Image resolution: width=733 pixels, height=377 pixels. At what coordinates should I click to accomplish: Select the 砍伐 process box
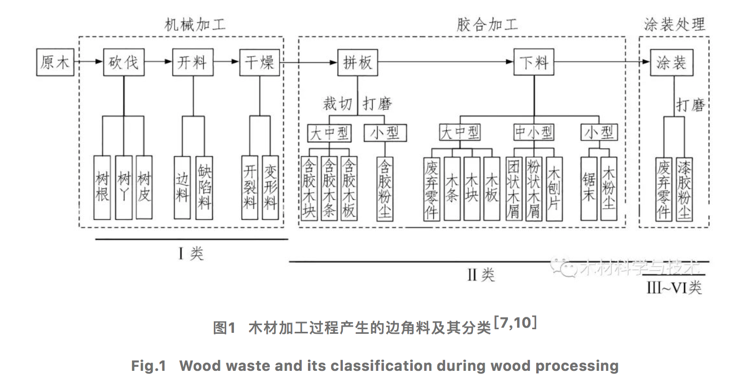[x=123, y=63]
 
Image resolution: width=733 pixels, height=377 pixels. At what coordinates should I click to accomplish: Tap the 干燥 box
[x=260, y=63]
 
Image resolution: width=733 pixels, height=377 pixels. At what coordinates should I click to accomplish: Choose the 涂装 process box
[x=671, y=63]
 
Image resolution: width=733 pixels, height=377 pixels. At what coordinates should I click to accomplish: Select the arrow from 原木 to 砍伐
[x=87, y=63]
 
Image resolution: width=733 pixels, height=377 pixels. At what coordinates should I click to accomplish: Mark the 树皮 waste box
[x=144, y=187]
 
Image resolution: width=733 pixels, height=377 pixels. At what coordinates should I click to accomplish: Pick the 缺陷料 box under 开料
[x=204, y=187]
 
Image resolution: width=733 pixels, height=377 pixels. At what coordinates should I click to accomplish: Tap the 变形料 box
[x=270, y=187]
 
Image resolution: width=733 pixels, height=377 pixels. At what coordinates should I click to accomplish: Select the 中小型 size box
[x=534, y=133]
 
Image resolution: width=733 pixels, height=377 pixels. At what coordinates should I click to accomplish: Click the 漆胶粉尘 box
[x=684, y=189]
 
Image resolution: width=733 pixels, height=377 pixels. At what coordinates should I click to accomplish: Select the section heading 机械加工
[x=195, y=25]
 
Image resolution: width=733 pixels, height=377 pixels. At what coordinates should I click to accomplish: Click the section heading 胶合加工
[x=487, y=25]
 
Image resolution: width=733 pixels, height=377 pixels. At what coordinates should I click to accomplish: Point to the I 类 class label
[x=191, y=253]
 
